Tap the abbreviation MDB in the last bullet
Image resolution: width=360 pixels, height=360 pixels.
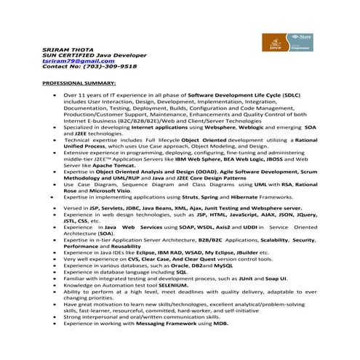(x=217, y=324)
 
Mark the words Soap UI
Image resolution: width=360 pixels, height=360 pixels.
(x=276, y=278)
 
